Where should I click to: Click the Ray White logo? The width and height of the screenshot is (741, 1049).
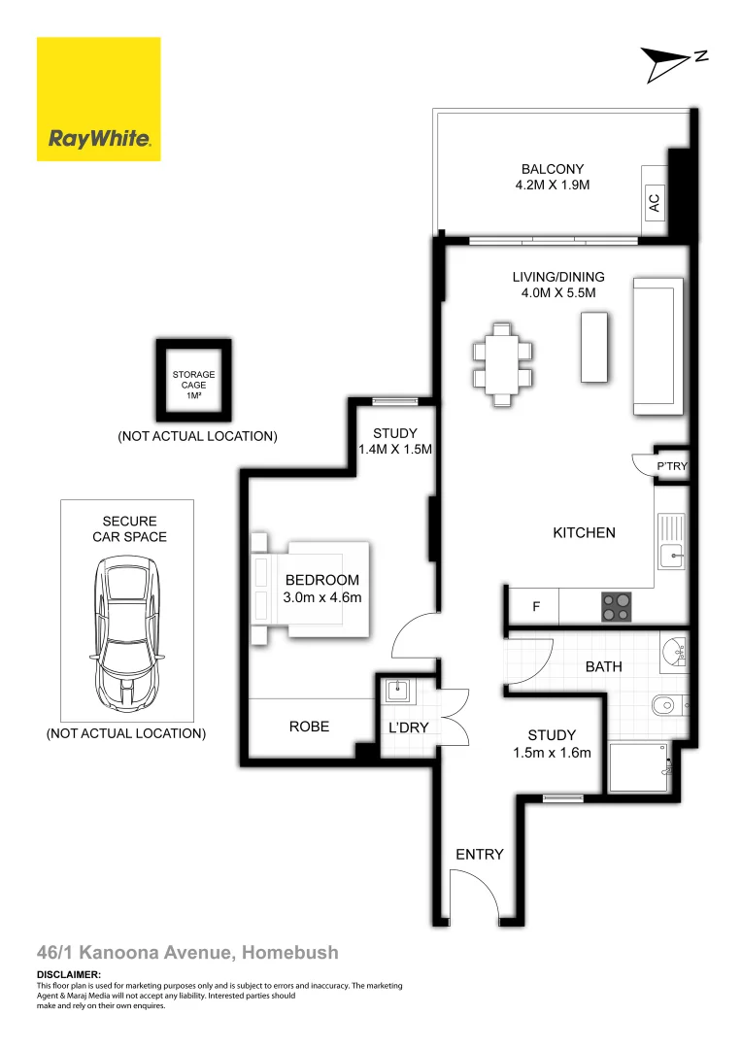(x=98, y=99)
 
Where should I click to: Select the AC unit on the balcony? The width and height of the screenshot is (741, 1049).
(x=654, y=202)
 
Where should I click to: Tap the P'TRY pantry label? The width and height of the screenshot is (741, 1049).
(x=671, y=467)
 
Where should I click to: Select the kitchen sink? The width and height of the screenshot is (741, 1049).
(x=671, y=556)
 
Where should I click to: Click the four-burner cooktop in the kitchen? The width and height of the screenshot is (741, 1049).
(x=615, y=606)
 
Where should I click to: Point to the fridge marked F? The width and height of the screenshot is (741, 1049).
(x=535, y=607)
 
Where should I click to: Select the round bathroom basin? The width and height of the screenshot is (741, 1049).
(x=671, y=649)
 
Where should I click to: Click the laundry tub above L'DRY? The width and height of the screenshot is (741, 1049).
(x=398, y=692)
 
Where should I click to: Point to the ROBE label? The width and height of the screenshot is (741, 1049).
(x=309, y=726)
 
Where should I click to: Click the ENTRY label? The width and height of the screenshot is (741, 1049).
(x=480, y=854)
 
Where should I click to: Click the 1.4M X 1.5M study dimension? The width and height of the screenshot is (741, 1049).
(x=394, y=450)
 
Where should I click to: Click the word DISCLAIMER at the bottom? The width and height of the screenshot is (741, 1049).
(x=69, y=974)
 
